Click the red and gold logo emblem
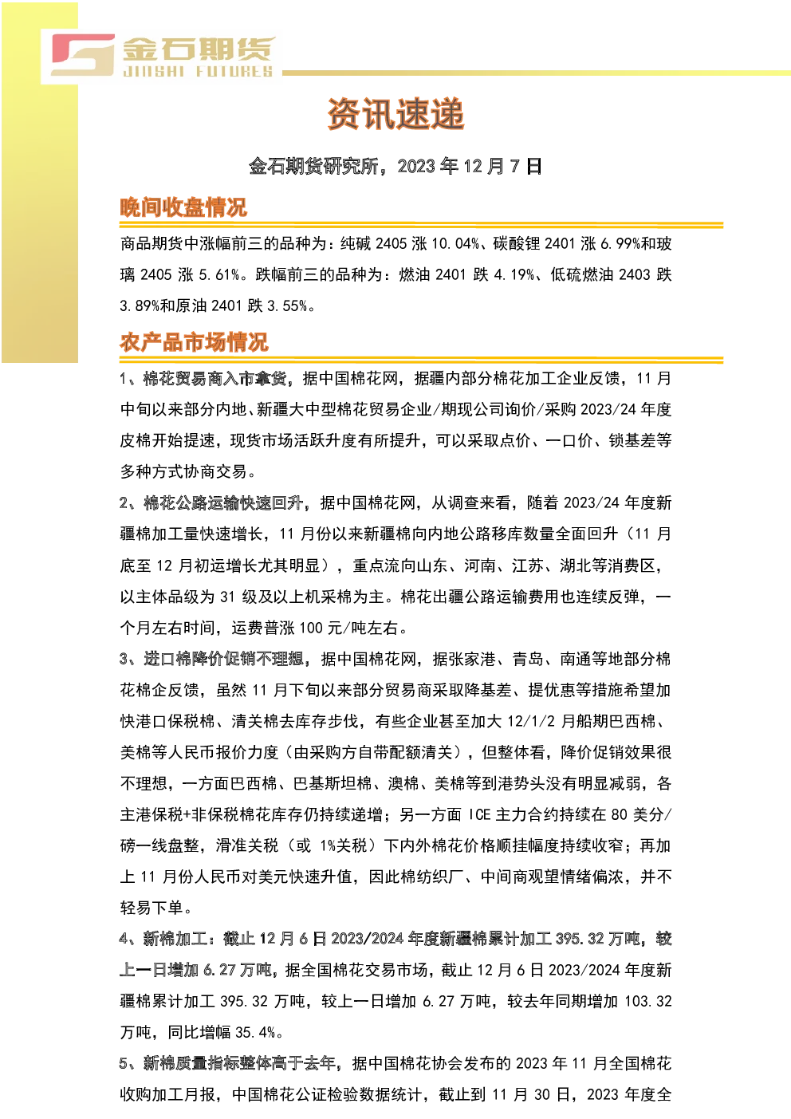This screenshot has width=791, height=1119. tap(83, 55)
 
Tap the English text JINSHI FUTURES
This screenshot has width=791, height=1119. tap(198, 72)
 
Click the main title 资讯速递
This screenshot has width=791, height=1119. tap(395, 114)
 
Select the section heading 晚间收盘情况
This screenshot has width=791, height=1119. tap(183, 207)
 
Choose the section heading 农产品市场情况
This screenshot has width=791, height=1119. tap(194, 343)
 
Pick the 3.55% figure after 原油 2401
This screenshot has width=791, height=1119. tap(287, 305)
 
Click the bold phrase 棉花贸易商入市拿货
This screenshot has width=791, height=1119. tap(215, 379)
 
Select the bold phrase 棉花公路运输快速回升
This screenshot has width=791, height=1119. tap(223, 502)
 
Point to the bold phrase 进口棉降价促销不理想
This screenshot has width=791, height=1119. tap(224, 659)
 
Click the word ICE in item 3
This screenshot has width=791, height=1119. tap(479, 815)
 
